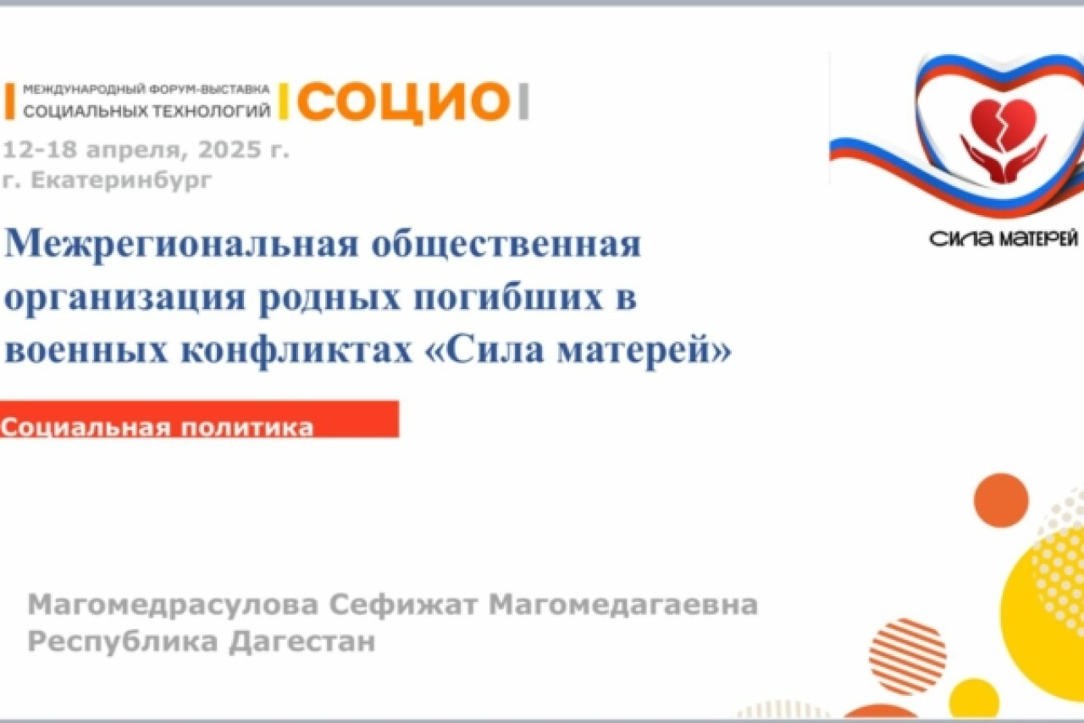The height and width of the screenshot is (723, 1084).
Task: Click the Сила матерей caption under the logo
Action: (x=1004, y=238)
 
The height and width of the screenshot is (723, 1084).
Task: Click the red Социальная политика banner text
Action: (x=157, y=428)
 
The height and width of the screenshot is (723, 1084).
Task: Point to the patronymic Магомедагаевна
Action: (x=622, y=604)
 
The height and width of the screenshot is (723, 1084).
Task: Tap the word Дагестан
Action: (x=302, y=642)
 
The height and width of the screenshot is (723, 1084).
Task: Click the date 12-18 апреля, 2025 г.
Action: (x=147, y=150)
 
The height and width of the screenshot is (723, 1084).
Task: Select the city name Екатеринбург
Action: (x=121, y=180)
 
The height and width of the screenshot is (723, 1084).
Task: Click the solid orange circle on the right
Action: (x=1001, y=500)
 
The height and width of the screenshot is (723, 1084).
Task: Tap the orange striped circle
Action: (x=908, y=656)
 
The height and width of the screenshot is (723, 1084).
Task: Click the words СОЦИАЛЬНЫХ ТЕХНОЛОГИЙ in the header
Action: (x=147, y=111)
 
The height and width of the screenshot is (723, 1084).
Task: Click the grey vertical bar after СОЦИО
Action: (x=523, y=102)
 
